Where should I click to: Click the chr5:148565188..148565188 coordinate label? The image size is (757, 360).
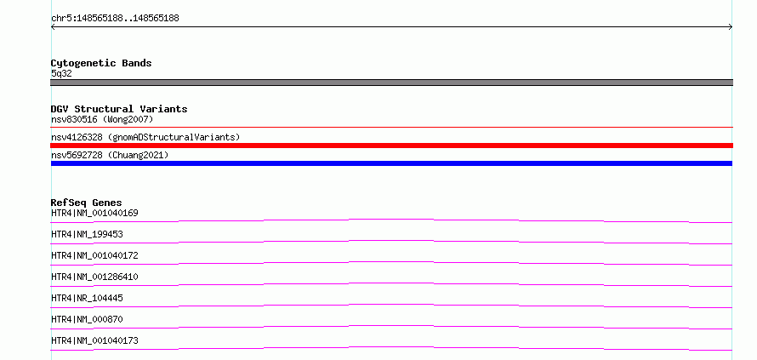point(115,19)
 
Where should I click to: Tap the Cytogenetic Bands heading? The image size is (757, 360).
point(101,63)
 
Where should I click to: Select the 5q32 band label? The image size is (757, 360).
point(61,73)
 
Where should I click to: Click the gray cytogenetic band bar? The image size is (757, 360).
point(391,83)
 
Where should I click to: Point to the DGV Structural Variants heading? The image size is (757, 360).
point(119,109)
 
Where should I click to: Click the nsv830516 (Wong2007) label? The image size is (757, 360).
point(102,119)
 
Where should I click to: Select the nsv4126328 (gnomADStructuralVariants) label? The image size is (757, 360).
point(145,137)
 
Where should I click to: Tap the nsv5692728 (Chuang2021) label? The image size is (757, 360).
point(110,155)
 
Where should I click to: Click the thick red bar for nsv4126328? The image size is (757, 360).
point(391,146)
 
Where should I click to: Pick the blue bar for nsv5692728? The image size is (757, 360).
point(391,163)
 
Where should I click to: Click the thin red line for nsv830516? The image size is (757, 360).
point(391,128)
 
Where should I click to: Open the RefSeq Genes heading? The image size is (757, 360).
point(87,203)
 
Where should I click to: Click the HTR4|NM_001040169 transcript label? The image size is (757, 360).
point(94,213)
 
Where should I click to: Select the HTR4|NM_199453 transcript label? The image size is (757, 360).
point(87,234)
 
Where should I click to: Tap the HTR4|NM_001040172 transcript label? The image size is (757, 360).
point(94,255)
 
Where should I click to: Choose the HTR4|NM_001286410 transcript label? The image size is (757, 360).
point(94,277)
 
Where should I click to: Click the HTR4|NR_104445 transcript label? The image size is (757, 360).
point(87,298)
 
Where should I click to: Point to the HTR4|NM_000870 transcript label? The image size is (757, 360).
point(87,319)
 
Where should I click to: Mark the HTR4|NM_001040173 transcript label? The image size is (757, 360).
point(94,340)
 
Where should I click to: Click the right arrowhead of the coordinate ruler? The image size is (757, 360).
point(731,27)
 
